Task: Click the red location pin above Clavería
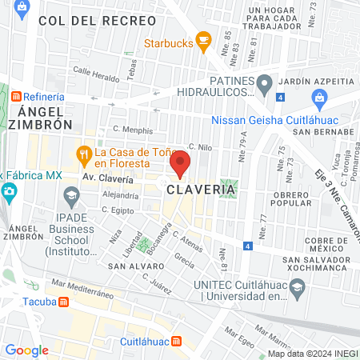point(180,163)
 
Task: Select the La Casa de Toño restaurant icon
point(82,152)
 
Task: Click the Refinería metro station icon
point(17,97)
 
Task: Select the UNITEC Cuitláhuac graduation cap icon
point(297,286)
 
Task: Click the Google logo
point(26,350)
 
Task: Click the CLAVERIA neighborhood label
point(194,190)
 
